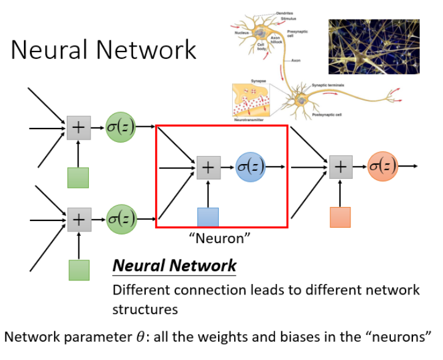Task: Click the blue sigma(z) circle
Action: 251,167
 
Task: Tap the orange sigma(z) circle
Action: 383,166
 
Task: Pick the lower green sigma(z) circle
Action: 121,219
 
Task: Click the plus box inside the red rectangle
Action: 208,167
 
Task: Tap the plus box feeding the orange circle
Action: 341,167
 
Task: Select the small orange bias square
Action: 340,217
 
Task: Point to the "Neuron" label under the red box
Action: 221,238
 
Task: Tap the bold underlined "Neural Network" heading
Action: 174,266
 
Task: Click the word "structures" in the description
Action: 145,309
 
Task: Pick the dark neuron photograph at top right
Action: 374,47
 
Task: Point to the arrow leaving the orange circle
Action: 409,166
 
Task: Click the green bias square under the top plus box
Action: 78,178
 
